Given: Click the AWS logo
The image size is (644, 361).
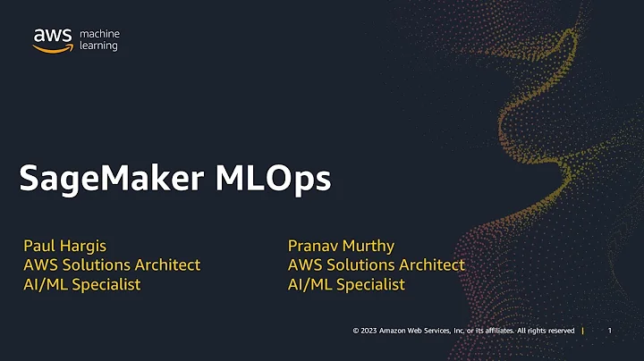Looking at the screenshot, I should (x=53, y=39).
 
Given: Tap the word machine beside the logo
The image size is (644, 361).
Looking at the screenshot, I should (x=100, y=34).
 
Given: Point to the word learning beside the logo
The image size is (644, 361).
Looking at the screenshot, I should (x=98, y=46).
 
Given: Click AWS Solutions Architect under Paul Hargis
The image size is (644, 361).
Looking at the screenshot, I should (x=112, y=264).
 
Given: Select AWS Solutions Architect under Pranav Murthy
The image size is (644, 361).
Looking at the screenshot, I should (x=377, y=264).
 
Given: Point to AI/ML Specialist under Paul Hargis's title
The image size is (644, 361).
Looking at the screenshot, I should (x=82, y=284).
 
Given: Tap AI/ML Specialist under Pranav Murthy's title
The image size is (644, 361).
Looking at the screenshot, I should (x=347, y=284).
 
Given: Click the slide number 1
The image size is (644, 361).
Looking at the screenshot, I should (x=609, y=331).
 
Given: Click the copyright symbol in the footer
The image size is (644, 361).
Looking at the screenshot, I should (x=356, y=331).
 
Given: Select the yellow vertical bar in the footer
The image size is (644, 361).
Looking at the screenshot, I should (x=583, y=331).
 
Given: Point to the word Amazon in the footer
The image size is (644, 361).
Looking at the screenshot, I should (x=394, y=331).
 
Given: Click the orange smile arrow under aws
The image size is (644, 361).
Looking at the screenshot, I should (x=53, y=48).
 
